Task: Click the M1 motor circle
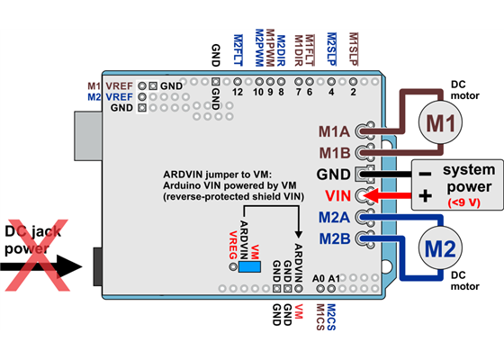[439, 123]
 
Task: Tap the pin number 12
[238, 92]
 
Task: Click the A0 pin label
[318, 278]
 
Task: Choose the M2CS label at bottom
[330, 315]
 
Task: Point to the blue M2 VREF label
[111, 95]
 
